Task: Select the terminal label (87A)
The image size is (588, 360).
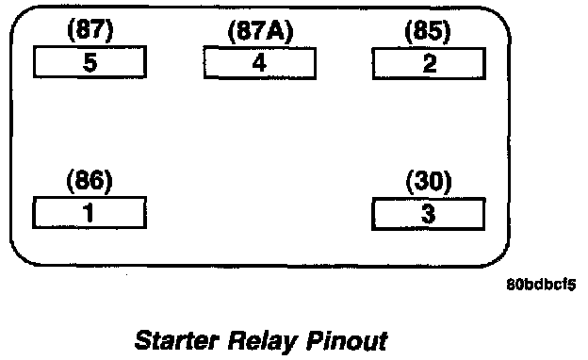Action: click(x=261, y=31)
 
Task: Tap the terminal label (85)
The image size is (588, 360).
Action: click(x=428, y=31)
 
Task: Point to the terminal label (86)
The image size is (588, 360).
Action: click(x=90, y=180)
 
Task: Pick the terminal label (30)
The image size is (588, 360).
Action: click(x=429, y=182)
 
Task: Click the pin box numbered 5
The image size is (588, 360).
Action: click(x=90, y=62)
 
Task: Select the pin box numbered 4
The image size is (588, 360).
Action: click(x=260, y=63)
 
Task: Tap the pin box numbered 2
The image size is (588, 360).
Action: click(x=429, y=63)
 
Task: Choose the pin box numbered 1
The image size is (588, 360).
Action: click(x=90, y=212)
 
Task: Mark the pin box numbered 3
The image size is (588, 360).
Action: click(x=428, y=214)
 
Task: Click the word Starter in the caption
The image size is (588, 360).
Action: click(x=177, y=340)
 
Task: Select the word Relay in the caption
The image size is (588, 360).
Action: click(x=262, y=341)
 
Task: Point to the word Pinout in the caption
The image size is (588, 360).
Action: click(x=347, y=340)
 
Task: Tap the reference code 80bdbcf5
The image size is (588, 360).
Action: click(x=541, y=285)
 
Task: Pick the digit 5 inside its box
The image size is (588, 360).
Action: click(x=90, y=62)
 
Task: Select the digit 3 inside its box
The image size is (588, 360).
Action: click(x=428, y=214)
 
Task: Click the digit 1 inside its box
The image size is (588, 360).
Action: click(x=89, y=213)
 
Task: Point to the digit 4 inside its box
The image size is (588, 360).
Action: click(x=259, y=62)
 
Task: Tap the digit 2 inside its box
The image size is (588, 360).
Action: click(x=430, y=63)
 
